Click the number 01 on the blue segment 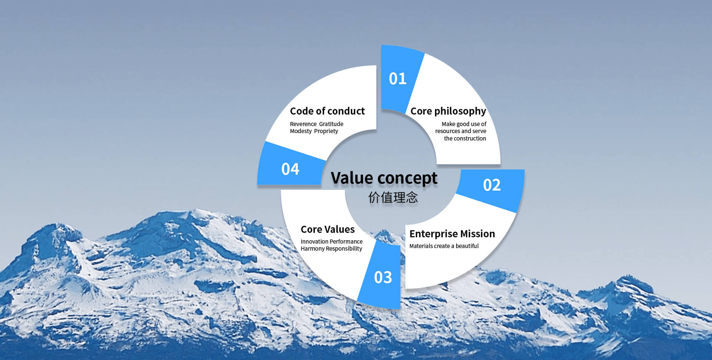[398, 79]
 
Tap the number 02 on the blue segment [492, 185]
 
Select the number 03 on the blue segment [383, 277]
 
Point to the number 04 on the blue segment [290, 169]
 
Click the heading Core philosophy [448, 111]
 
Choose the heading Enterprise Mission [452, 234]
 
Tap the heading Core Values [327, 229]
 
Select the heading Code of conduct [327, 111]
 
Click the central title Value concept [384, 178]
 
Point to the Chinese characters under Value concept [393, 197]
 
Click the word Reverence [303, 124]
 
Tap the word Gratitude [331, 124]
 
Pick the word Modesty [301, 131]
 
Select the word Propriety [326, 131]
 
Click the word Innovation [314, 241]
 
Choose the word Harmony [313, 249]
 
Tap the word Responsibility [344, 249]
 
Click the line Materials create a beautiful [444, 246]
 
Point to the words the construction [465, 138]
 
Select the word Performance [346, 241]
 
